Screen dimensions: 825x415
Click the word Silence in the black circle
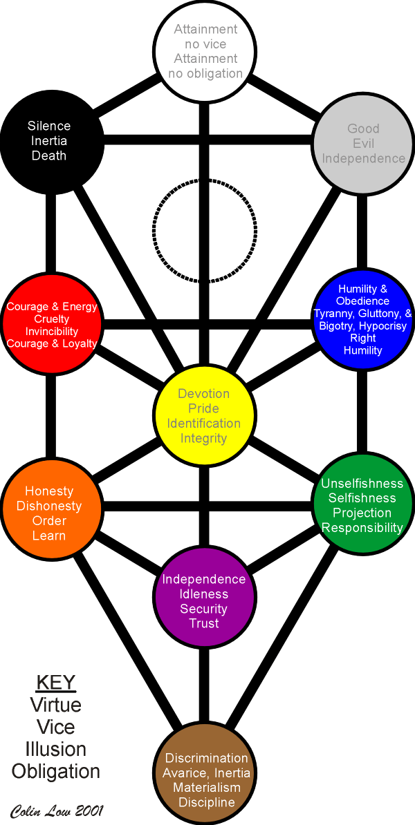click(x=49, y=126)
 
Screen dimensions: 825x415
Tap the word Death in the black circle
click(x=49, y=155)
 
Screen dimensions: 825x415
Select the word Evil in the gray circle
click(x=363, y=143)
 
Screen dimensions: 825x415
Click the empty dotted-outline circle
click(x=205, y=231)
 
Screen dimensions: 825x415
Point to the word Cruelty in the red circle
click(x=52, y=319)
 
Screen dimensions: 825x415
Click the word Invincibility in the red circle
click(x=52, y=332)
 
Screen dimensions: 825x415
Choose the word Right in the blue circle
click(x=363, y=338)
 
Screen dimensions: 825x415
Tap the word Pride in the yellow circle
click(x=204, y=408)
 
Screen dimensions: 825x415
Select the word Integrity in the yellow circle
click(x=204, y=438)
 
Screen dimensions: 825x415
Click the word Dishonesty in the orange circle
click(x=49, y=506)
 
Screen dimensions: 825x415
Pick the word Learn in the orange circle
click(x=49, y=536)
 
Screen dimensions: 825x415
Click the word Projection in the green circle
click(x=362, y=513)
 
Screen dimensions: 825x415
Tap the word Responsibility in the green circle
click(x=362, y=528)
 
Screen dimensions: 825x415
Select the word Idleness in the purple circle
click(x=204, y=594)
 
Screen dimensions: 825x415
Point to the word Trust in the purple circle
click(x=204, y=623)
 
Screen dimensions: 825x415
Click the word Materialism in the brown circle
click(x=207, y=788)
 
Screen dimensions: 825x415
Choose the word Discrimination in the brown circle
click(x=207, y=759)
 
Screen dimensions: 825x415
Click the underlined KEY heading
click(x=55, y=683)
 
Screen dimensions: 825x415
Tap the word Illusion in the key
click(x=55, y=749)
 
